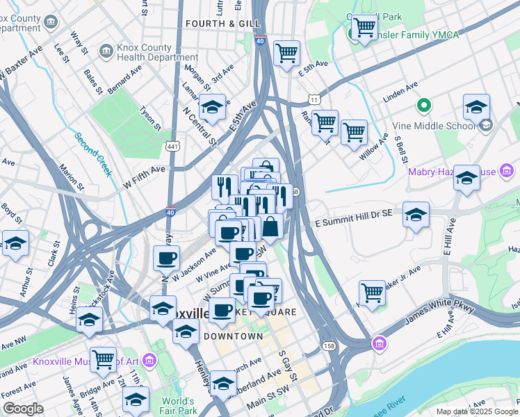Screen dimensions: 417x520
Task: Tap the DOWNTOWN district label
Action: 233,336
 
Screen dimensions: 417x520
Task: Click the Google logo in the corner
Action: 24,409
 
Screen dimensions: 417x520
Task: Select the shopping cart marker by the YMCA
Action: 364,28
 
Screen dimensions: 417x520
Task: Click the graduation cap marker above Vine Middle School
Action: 476,108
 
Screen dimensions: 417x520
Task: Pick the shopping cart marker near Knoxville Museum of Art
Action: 103,359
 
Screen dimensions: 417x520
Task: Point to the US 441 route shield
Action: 173,147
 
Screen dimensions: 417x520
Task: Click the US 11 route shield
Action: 315,100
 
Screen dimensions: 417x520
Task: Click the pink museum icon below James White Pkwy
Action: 378,343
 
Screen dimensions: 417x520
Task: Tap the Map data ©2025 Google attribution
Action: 477,411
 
